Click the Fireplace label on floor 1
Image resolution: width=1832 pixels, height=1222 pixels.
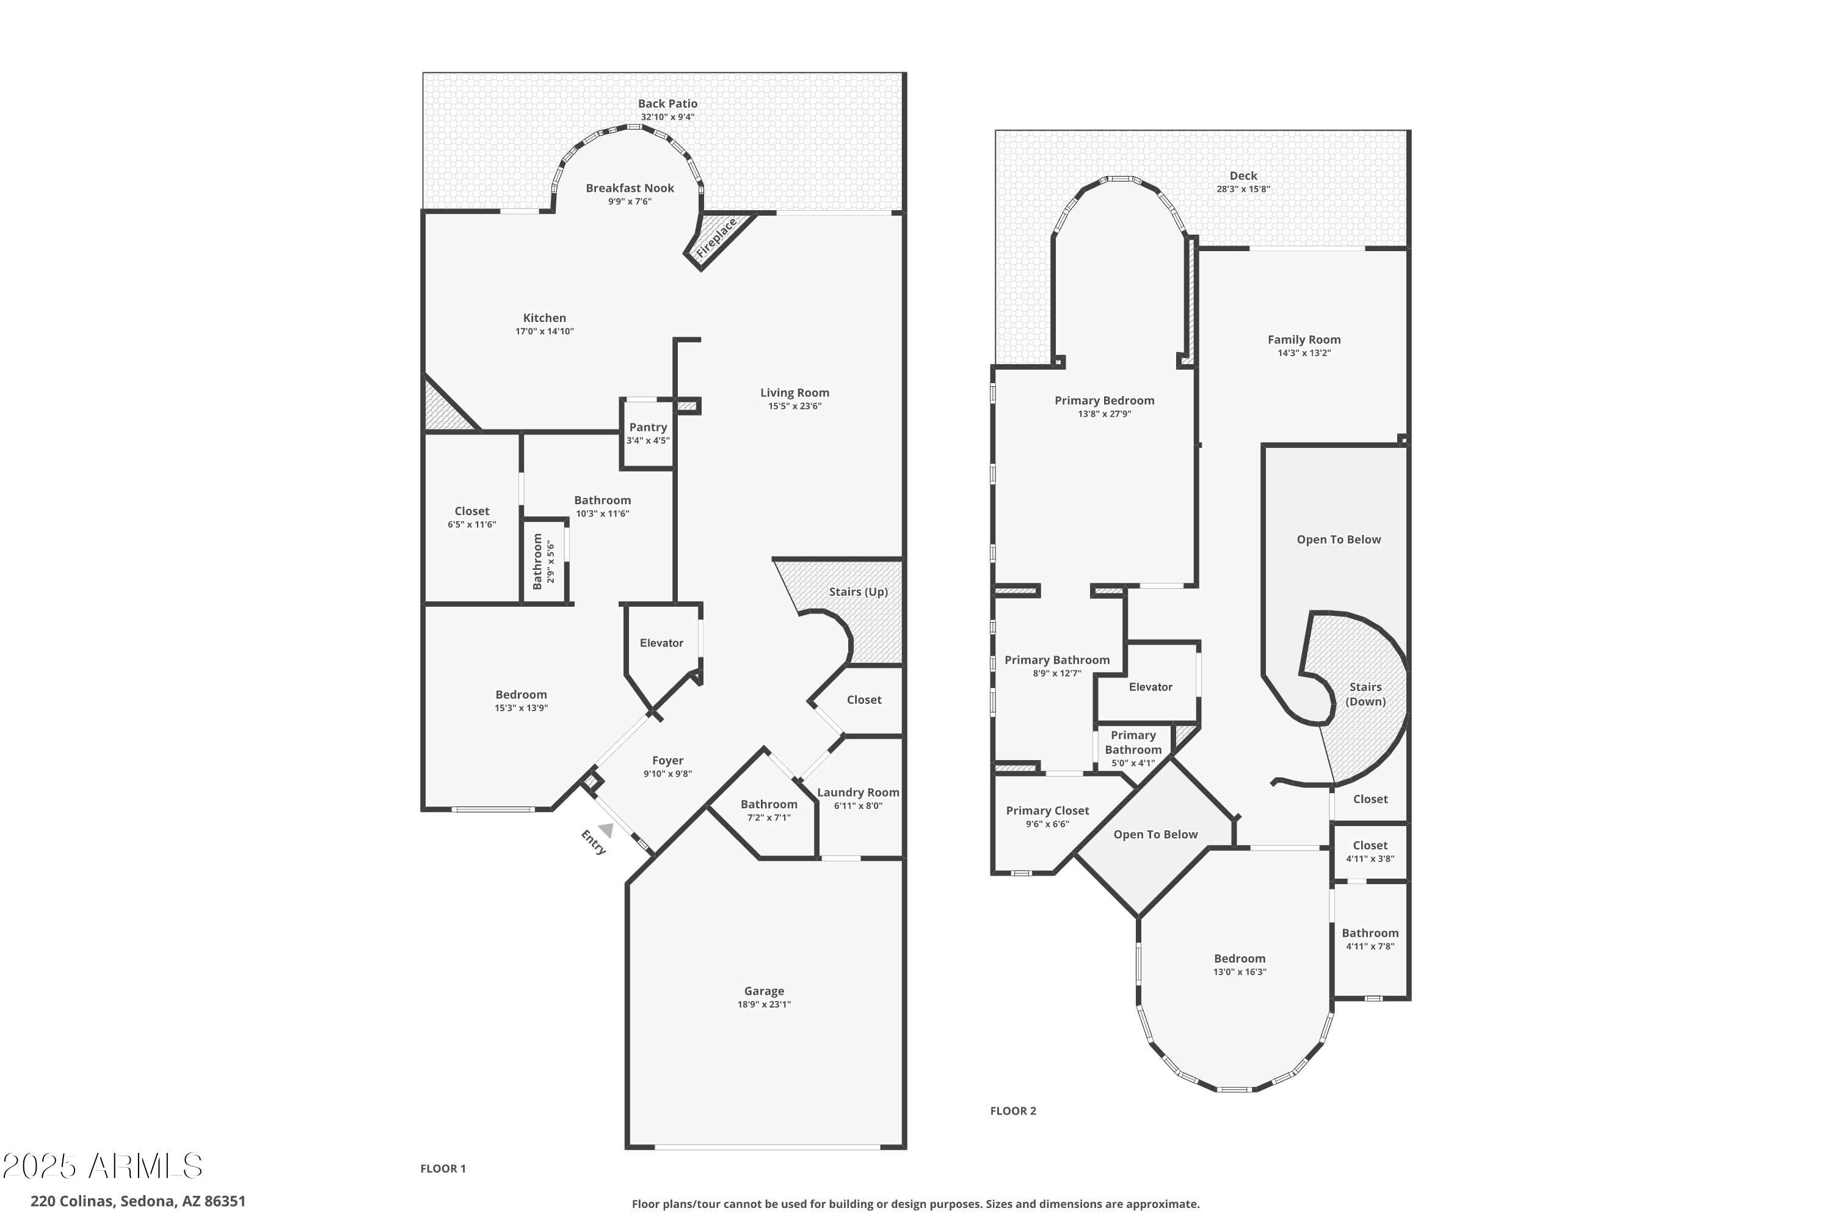point(716,238)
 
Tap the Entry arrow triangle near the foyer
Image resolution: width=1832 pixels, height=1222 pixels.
point(606,831)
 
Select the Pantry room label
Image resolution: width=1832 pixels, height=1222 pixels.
point(648,427)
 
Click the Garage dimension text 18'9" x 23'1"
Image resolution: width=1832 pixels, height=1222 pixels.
point(763,1004)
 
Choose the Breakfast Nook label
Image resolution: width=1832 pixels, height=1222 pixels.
point(630,188)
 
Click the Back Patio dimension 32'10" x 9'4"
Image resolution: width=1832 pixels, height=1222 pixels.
point(667,117)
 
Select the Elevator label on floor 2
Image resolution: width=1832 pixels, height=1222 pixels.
point(1150,687)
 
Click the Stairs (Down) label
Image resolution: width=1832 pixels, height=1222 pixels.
point(1365,693)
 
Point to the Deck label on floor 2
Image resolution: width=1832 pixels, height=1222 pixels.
point(1243,175)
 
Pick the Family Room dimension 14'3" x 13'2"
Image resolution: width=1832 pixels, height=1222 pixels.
point(1303,353)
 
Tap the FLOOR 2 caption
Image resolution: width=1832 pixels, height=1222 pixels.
point(1012,1111)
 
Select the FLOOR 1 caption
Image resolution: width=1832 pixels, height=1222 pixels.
point(442,1168)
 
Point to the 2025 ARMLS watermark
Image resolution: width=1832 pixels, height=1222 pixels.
point(102,1166)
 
